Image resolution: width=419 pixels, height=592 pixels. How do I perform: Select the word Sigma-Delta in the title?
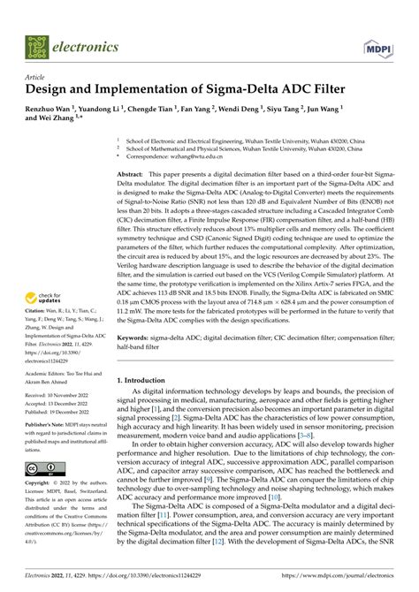[x=233, y=89]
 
